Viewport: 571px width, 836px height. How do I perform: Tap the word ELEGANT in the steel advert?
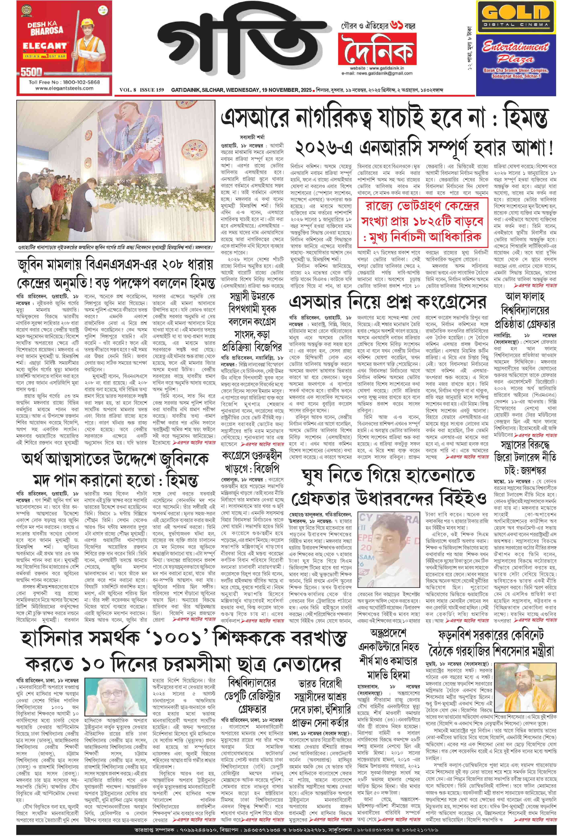tap(45, 46)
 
